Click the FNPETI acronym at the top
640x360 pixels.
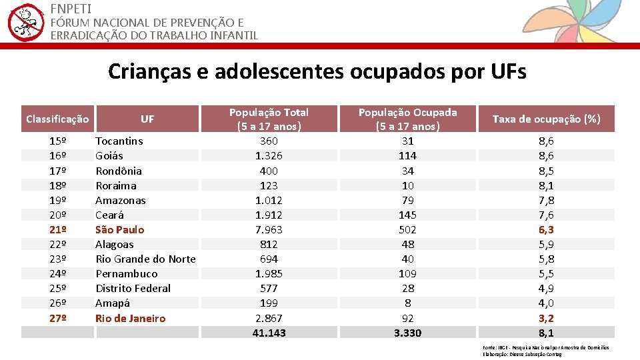pos(71,9)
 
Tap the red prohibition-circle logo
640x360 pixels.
pos(25,22)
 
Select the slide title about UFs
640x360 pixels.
pos(317,71)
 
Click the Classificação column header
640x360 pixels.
pos(57,119)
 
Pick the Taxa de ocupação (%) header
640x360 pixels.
pos(546,119)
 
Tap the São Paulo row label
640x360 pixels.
pos(120,229)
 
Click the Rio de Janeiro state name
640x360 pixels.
pos(130,318)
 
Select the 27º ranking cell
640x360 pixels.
pos(58,318)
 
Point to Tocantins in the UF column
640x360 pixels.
pos(119,141)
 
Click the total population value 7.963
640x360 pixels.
pos(269,229)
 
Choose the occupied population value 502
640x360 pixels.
pos(407,229)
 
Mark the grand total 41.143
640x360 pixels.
pos(269,333)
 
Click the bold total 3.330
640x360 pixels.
pos(407,333)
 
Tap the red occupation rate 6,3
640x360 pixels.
pos(546,229)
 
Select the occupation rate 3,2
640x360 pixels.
pos(546,318)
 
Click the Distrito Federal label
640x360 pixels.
pos(133,288)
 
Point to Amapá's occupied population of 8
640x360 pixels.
pos(407,303)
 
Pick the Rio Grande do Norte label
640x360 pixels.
pos(145,259)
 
